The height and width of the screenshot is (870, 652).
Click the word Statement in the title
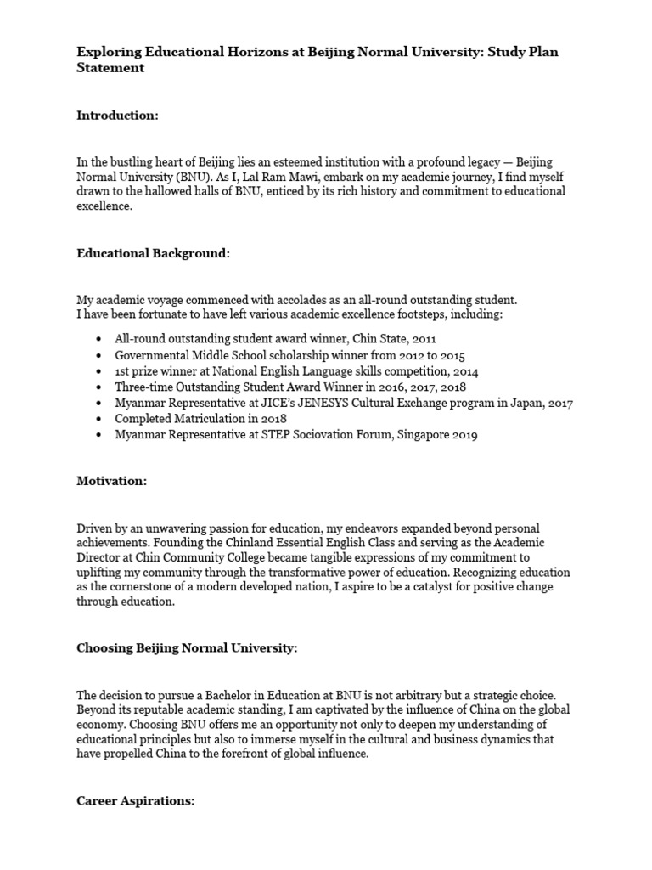click(x=110, y=68)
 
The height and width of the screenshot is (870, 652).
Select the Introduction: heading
click(x=117, y=116)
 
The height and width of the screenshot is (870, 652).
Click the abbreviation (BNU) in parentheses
click(x=194, y=177)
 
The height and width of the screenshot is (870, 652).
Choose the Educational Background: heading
click(x=153, y=253)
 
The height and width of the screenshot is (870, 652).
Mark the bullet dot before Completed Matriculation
click(x=100, y=419)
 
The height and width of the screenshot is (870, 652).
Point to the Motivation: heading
click(x=111, y=481)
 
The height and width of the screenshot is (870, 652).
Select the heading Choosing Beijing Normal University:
click(x=187, y=649)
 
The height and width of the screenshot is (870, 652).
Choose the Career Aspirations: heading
click(x=136, y=800)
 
